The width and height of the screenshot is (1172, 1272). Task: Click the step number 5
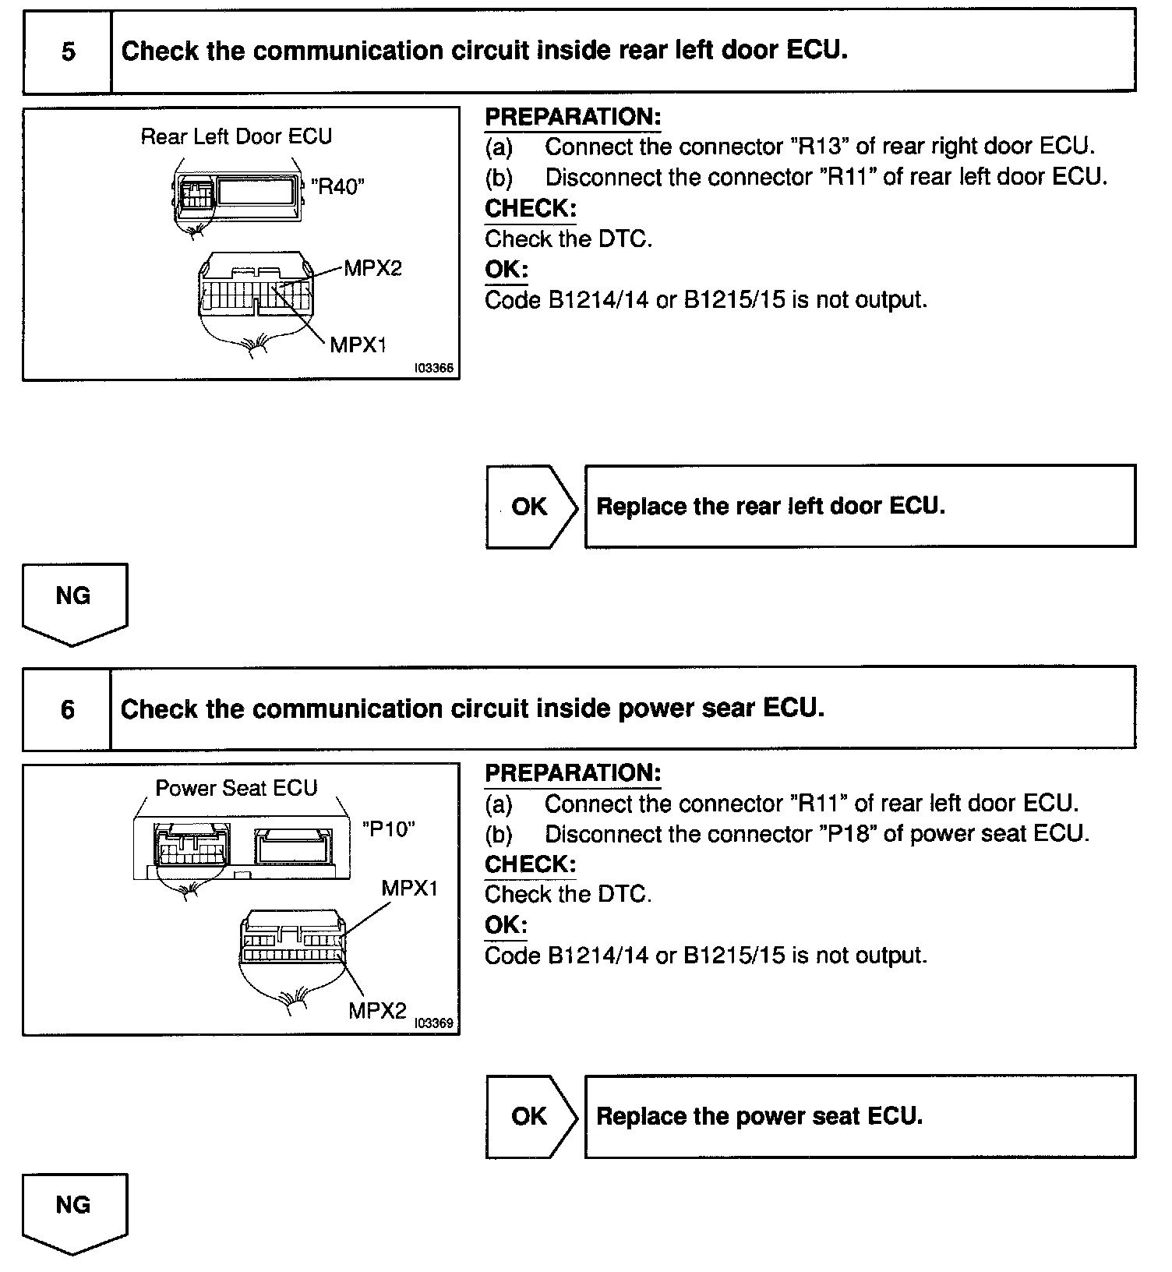[x=69, y=52]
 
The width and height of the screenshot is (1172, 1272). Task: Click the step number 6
[x=68, y=710]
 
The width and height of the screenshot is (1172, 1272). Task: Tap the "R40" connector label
[x=337, y=185]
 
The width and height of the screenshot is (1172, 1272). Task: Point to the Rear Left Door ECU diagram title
[x=236, y=137]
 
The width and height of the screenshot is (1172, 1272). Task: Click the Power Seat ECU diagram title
[x=236, y=788]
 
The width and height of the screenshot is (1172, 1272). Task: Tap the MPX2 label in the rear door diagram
[x=372, y=269]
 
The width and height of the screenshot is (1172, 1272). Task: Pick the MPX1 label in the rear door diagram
[x=358, y=344]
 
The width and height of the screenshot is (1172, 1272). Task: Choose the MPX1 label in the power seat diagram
[x=410, y=888]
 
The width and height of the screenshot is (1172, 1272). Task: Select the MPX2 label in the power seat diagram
[x=377, y=1011]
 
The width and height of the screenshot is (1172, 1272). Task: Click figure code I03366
[x=434, y=368]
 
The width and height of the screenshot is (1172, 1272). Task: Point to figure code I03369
[x=434, y=1023]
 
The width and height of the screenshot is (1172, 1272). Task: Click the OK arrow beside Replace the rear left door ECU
[x=531, y=507]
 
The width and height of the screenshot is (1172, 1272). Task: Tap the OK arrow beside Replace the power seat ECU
[x=531, y=1116]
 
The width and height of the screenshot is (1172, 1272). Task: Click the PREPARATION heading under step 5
[x=573, y=117]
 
